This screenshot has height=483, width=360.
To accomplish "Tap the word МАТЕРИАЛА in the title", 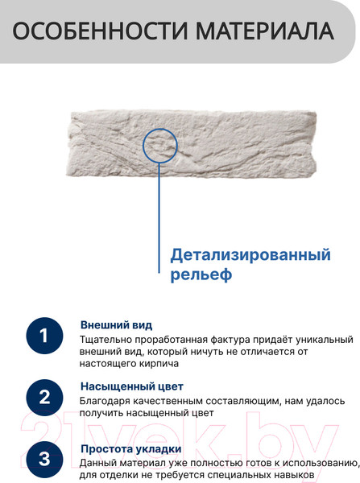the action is (265, 31).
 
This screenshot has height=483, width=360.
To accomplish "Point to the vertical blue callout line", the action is (159, 218).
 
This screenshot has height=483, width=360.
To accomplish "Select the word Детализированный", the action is (250, 255).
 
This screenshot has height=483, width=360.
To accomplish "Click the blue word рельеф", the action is (201, 275).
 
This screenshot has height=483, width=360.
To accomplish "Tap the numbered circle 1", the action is (44, 336).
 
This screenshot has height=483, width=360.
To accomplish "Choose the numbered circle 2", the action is (44, 398).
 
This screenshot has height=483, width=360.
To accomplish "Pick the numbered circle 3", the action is (44, 460).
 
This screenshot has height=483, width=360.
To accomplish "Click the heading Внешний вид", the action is (116, 325).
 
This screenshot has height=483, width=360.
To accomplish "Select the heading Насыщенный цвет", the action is (132, 386).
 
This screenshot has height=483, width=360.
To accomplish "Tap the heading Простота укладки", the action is (131, 449).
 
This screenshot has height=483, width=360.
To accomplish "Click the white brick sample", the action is (192, 144).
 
